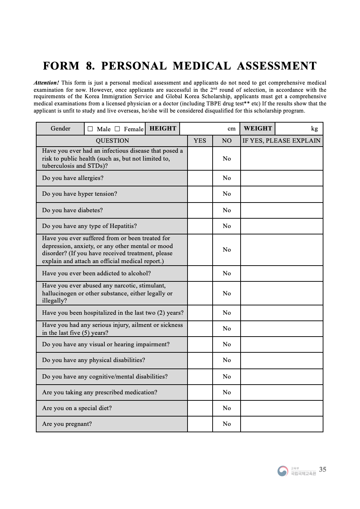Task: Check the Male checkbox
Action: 90,129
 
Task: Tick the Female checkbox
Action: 117,129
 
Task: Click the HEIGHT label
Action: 163,129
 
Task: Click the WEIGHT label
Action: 258,129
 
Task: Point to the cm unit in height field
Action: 232,129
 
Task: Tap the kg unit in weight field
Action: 314,129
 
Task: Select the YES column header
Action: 200,141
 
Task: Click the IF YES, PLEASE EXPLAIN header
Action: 281,141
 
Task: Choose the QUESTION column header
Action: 112,141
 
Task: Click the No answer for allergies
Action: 227,178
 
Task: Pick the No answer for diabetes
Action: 227,210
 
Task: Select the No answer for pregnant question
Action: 227,424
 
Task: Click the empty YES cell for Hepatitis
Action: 200,226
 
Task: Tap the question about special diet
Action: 77,408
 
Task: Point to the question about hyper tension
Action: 80,194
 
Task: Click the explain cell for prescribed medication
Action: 281,393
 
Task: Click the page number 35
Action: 323,470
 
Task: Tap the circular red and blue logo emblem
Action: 283,471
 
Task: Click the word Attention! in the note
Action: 46,83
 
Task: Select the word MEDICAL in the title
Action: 202,66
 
